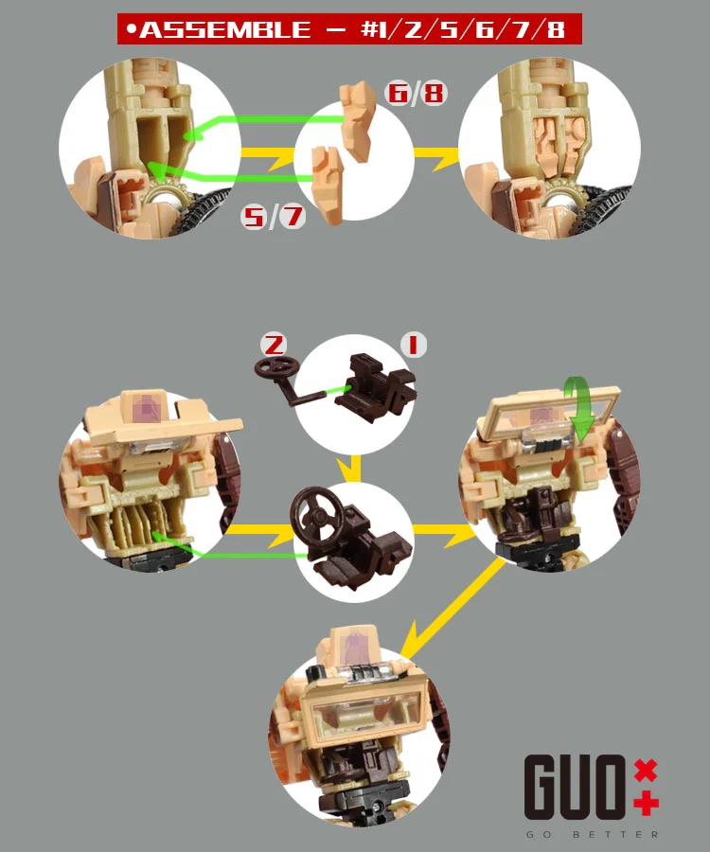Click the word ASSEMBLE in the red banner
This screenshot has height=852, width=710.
click(225, 29)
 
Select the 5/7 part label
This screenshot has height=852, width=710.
click(273, 216)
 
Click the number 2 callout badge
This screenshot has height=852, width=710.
click(274, 345)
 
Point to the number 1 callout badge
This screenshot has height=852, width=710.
click(414, 345)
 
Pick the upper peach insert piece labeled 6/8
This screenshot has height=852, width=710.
click(358, 120)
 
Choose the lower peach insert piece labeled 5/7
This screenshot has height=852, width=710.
click(328, 185)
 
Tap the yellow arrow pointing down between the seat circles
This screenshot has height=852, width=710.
click(355, 469)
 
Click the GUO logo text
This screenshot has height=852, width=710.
click(575, 788)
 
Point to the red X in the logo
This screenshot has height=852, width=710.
click(646, 771)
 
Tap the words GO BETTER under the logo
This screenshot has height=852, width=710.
click(592, 834)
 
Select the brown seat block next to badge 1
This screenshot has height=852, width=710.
click(376, 386)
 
